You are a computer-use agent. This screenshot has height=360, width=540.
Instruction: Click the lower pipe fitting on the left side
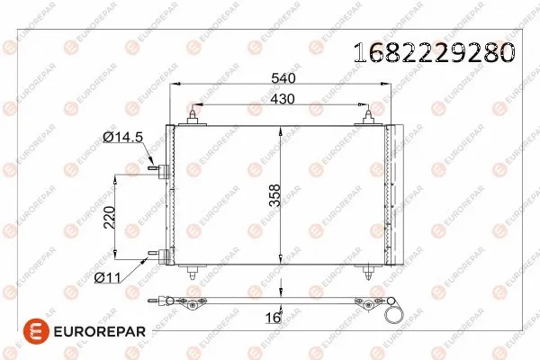[x=160, y=256]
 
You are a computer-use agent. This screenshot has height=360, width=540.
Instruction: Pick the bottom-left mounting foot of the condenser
[x=194, y=271]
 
